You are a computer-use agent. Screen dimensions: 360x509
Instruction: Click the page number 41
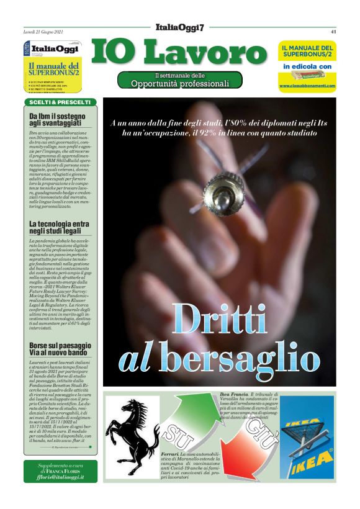pyautogui.click(x=333, y=31)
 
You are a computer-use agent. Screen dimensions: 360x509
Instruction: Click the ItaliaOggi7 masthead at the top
pyautogui.click(x=180, y=26)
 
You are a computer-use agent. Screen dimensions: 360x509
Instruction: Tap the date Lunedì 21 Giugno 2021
pyautogui.click(x=45, y=31)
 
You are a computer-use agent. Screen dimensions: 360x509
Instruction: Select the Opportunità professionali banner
pyautogui.click(x=180, y=80)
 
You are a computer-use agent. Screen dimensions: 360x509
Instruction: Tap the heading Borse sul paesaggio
pyautogui.click(x=60, y=345)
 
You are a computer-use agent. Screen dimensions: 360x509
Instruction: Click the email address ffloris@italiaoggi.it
pyautogui.click(x=61, y=477)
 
